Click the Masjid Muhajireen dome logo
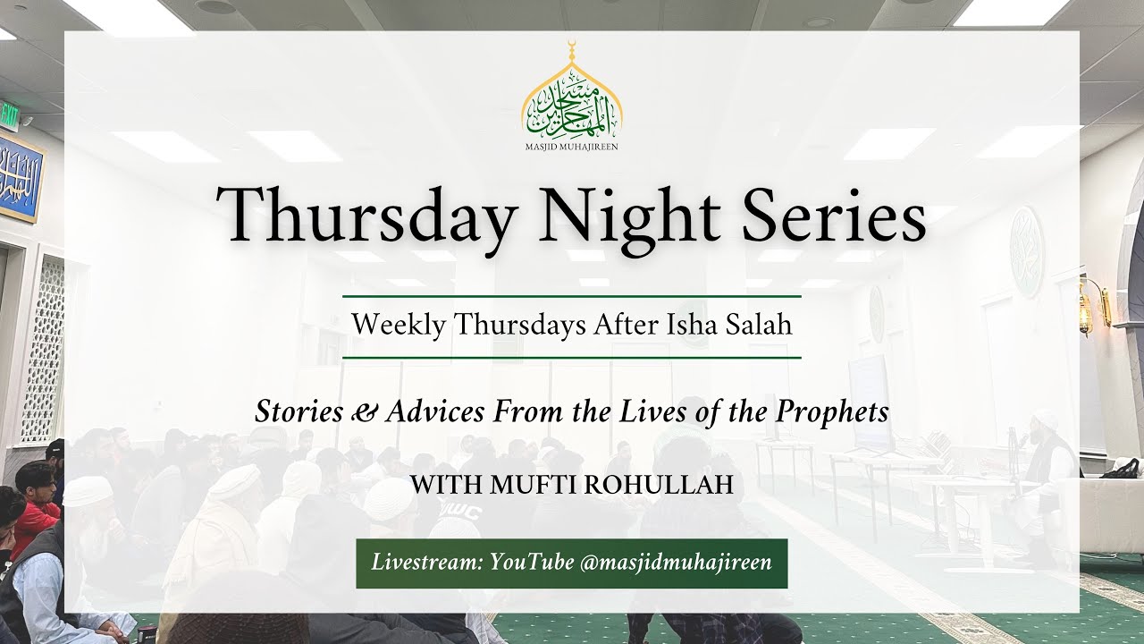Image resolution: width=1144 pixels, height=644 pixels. [x=572, y=94]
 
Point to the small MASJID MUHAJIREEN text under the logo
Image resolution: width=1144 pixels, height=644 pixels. [x=572, y=146]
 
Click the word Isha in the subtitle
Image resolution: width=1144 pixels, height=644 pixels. [x=665, y=325]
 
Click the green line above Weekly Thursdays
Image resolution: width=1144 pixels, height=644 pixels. [x=572, y=295]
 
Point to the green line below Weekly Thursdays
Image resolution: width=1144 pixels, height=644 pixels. [x=572, y=357]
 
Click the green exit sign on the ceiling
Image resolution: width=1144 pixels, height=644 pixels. [x=10, y=114]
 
